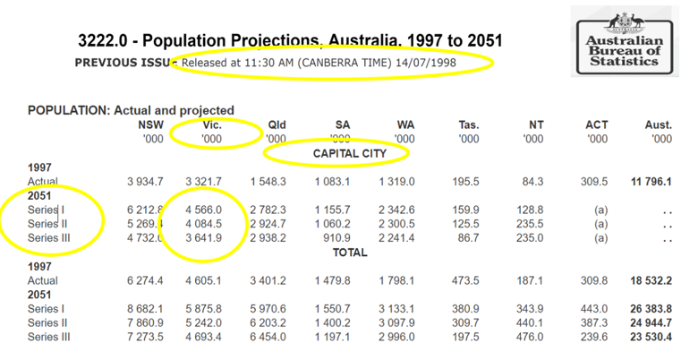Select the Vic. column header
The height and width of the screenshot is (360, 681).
tap(211, 124)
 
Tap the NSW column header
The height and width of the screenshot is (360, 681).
tap(149, 124)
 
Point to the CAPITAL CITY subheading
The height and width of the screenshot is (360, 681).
tap(336, 154)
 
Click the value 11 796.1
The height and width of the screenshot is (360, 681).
tap(650, 182)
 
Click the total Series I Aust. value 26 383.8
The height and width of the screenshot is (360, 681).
tap(650, 308)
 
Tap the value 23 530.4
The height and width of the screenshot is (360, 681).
tap(650, 337)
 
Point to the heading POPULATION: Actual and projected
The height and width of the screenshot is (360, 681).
tap(131, 110)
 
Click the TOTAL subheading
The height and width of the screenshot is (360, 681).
tap(336, 253)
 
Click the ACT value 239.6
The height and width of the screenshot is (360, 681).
tap(593, 337)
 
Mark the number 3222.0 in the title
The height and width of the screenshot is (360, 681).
tap(103, 41)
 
